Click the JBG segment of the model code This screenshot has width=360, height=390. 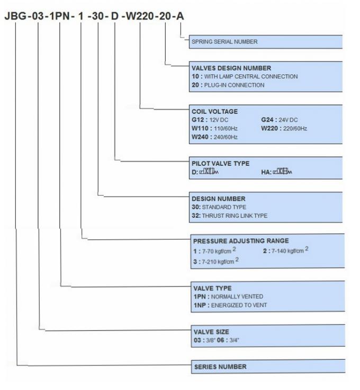pyautogui.click(x=16, y=16)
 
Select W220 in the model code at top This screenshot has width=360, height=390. pyautogui.click(x=139, y=16)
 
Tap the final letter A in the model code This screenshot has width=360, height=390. pyautogui.click(x=180, y=16)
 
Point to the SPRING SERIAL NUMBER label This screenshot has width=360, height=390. pyautogui.click(x=224, y=41)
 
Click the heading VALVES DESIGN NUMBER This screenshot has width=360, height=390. pyautogui.click(x=231, y=68)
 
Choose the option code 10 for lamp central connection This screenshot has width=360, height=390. pyautogui.click(x=195, y=76)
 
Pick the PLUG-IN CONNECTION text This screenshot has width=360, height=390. pyautogui.click(x=235, y=85)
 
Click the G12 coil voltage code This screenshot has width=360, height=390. pyautogui.click(x=198, y=120)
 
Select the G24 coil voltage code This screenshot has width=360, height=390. pyautogui.click(x=267, y=120)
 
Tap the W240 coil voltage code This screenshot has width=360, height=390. pyautogui.click(x=200, y=137)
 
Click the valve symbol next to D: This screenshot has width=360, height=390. pyautogui.click(x=209, y=171)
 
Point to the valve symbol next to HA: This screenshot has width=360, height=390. pyautogui.click(x=283, y=171)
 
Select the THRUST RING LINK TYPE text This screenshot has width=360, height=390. pyautogui.click(x=235, y=216)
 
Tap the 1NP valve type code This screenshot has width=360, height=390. pyautogui.click(x=200, y=305)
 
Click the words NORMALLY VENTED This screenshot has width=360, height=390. pyautogui.click(x=237, y=297)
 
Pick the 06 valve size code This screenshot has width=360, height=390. pyautogui.click(x=220, y=340)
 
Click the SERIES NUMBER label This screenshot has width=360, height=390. pyautogui.click(x=220, y=367)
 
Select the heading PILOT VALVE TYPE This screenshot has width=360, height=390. pyautogui.click(x=221, y=163)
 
